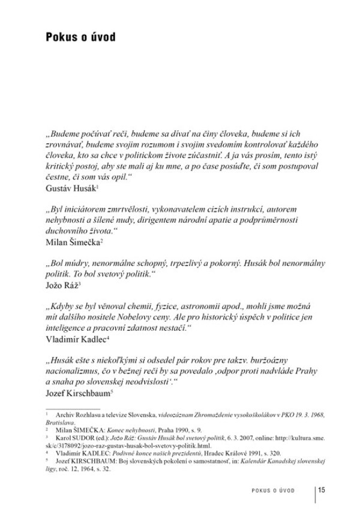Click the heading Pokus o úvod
pos(80,38)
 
